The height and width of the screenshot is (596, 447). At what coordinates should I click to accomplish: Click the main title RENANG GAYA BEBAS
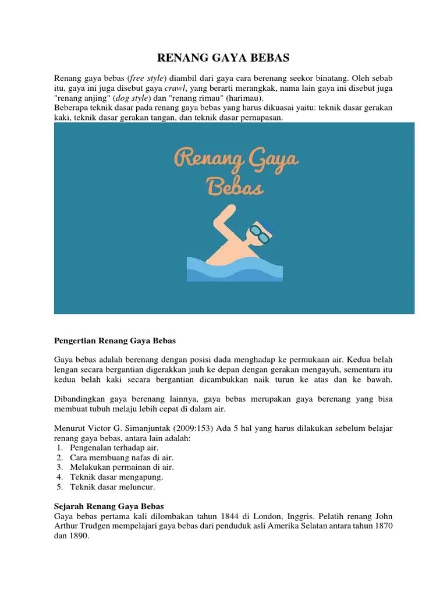point(223,58)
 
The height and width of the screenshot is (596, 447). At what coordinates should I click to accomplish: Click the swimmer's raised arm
point(218,229)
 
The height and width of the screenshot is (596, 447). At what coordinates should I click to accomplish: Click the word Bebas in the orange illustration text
point(235,186)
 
